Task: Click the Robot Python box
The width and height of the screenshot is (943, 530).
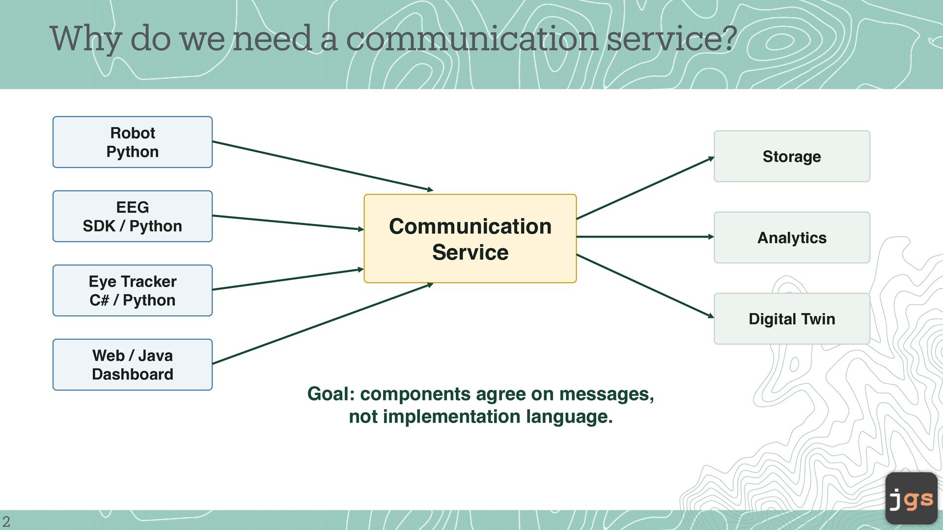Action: coord(133,142)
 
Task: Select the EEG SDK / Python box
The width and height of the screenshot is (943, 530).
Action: coord(133,216)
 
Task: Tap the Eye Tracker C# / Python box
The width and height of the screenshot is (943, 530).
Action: coord(133,291)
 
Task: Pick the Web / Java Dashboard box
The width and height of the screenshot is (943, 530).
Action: coord(133,365)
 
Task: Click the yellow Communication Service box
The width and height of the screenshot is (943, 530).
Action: coord(470,238)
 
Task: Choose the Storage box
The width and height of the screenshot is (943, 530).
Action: coord(792,156)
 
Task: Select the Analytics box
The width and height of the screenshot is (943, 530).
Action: coord(792,238)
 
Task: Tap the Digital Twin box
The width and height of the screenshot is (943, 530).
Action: coord(792,318)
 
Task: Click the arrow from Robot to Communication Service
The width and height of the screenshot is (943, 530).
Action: coord(323,166)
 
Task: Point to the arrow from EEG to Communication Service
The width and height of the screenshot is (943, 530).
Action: coord(288,222)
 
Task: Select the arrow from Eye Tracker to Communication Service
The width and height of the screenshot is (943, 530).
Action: coord(288,279)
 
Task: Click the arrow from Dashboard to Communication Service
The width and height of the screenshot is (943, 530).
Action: coord(323,323)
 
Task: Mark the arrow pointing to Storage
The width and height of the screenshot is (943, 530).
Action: coord(645,187)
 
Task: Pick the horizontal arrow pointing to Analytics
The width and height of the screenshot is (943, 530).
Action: coord(645,237)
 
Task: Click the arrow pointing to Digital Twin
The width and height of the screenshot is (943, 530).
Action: coord(645,286)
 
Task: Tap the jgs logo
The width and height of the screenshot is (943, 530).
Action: coord(911,498)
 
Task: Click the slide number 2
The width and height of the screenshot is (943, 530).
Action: coord(6,521)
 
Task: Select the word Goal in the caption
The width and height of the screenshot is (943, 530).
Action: coord(331,394)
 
